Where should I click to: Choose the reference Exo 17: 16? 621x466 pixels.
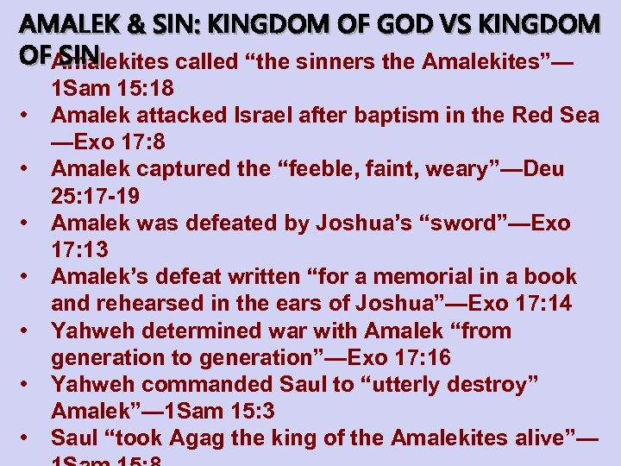tap(399, 357)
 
